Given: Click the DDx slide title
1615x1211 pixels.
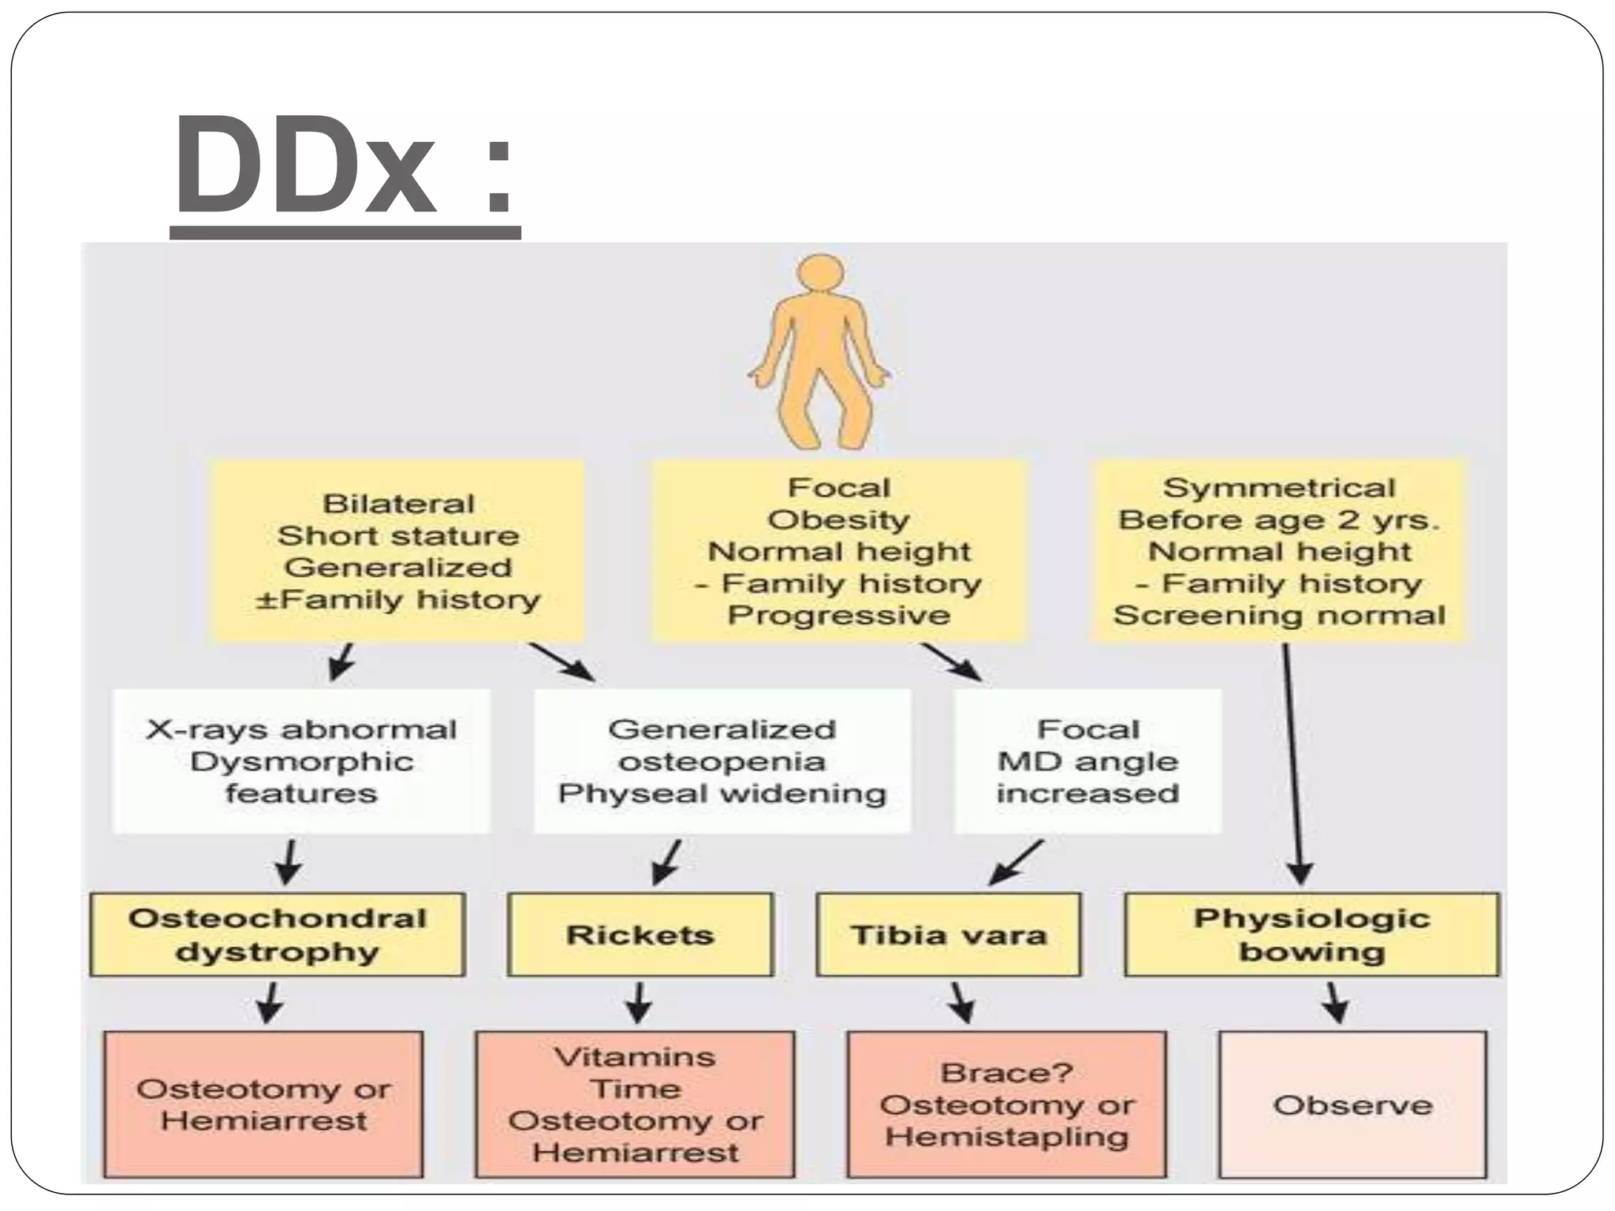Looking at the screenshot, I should click(x=345, y=167).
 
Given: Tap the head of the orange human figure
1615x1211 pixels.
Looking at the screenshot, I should click(x=821, y=276).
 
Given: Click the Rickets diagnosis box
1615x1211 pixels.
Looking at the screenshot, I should click(x=640, y=935).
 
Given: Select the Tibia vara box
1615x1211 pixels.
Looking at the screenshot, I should click(x=949, y=935).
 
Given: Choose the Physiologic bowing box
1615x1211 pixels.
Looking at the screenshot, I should click(x=1311, y=935).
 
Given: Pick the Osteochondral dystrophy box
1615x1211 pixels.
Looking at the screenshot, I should click(x=278, y=935).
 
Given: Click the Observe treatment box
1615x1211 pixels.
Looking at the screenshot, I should click(x=1352, y=1105).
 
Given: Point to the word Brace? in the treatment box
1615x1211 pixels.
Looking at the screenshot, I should click(x=1006, y=1073).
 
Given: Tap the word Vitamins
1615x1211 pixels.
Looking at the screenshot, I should click(x=635, y=1056).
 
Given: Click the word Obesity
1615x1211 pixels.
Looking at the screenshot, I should click(x=838, y=520).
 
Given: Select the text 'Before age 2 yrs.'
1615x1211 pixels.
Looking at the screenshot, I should click(x=1279, y=520).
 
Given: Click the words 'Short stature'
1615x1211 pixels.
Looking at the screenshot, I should click(x=398, y=535).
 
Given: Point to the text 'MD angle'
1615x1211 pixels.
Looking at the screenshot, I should click(x=1087, y=762).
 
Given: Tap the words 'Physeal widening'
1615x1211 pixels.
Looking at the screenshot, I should click(x=722, y=793).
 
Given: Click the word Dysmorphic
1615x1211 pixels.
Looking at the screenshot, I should click(x=301, y=762).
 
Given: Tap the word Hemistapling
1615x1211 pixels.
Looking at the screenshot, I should click(x=1006, y=1137).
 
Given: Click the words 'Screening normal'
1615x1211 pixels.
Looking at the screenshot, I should click(x=1279, y=615).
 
